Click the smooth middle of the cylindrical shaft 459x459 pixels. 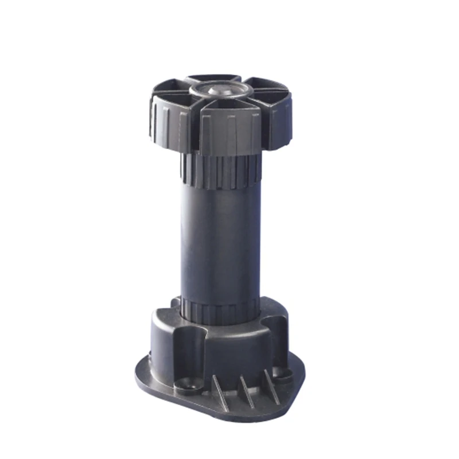pos(221,241)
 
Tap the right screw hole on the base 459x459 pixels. pos(282,374)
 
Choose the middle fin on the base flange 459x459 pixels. pos(246,390)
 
